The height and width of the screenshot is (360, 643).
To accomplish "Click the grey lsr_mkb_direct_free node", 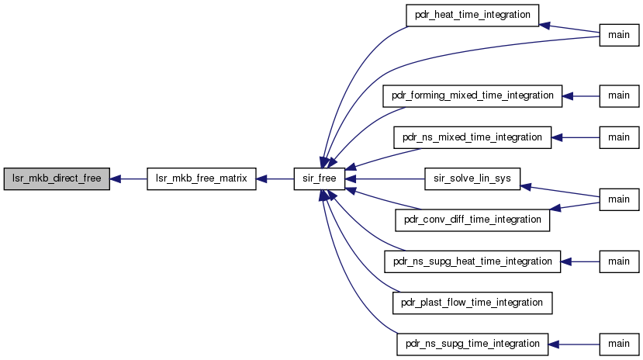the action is [x=57, y=178].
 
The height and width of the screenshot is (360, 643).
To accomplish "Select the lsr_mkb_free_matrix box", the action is [x=202, y=178].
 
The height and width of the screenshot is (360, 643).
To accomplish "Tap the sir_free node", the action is [x=320, y=178].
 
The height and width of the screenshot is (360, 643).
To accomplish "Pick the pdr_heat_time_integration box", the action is [x=472, y=16].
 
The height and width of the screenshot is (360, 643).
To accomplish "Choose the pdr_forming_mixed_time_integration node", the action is [x=472, y=96].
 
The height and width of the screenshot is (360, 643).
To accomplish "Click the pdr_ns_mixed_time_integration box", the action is [x=472, y=137].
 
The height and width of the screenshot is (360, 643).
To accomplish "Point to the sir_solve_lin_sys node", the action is [x=472, y=178].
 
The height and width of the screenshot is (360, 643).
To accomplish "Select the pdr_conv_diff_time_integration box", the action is [x=472, y=220].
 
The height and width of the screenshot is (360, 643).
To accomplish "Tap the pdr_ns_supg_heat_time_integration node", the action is [x=472, y=261].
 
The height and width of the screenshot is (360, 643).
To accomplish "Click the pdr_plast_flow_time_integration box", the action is [x=472, y=303].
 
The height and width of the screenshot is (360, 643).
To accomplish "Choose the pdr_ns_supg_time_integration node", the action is [x=472, y=344].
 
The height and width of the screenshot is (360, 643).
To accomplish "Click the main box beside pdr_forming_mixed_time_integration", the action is [x=619, y=96].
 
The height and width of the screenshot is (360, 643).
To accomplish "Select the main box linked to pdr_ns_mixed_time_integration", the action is [x=619, y=137].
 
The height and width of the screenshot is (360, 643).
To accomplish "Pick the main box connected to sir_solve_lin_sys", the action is [x=619, y=199].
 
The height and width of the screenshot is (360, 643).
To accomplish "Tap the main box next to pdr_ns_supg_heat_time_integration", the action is [x=619, y=261].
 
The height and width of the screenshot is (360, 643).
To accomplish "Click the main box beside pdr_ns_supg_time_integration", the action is [x=619, y=344].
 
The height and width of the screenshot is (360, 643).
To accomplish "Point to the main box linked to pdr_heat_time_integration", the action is [x=619, y=35].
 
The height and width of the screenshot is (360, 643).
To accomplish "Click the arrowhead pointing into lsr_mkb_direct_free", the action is [x=116, y=178].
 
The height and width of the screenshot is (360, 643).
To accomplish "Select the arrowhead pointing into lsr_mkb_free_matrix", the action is [x=261, y=178].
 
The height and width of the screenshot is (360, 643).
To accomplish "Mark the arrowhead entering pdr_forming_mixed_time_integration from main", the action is [x=568, y=96].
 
